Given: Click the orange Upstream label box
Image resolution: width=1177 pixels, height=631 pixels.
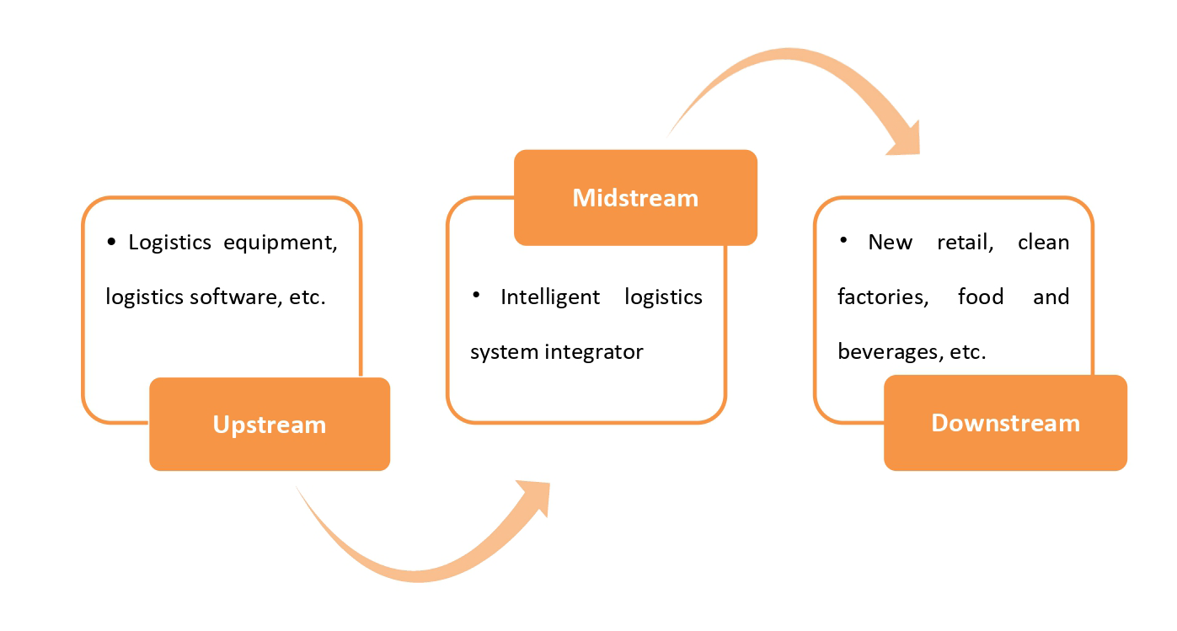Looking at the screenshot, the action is coord(270,424).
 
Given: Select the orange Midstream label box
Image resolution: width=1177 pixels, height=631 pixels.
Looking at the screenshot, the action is coord(635,197).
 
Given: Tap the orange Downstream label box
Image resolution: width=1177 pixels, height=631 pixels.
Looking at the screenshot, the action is coord(1005,423).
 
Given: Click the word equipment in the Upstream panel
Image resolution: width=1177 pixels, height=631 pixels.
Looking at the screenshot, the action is coord(281,243).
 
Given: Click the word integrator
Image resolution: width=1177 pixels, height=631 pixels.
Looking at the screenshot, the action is coord(594,351).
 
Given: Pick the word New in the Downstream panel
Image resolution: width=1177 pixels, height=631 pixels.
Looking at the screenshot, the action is coord(890,243).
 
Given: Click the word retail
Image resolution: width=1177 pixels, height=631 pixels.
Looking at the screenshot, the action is coord(966,243).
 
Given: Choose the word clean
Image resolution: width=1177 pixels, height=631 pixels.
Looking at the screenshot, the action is coord(1044,243).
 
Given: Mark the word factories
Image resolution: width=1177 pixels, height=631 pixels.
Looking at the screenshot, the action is coord(883,297).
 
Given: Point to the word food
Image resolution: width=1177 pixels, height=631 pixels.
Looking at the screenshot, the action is coord(981,297).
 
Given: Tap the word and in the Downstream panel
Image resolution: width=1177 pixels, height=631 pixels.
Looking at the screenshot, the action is coord(1051,297).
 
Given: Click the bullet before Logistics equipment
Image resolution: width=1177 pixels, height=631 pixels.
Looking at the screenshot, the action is coord(111,243).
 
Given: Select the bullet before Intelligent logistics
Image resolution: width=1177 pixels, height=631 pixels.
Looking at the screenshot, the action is coord(476,295).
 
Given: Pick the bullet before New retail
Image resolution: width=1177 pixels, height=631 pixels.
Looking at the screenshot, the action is coord(843,241).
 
